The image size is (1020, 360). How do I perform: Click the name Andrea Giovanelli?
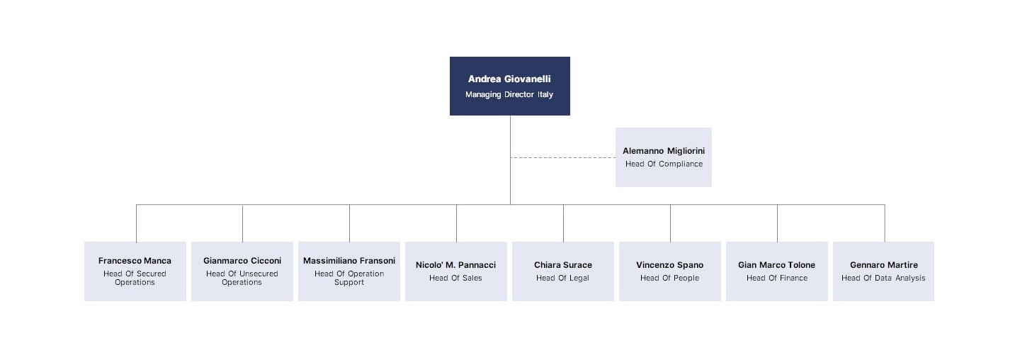tap(509, 79)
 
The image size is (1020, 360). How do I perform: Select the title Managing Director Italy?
tap(509, 94)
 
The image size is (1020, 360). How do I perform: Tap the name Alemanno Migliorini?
tap(664, 151)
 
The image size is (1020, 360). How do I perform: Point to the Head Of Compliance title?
tap(664, 164)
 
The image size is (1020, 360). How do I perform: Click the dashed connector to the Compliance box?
tap(563, 158)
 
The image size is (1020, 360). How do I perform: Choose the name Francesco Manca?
tap(135, 261)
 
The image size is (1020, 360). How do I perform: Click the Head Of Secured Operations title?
tap(135, 278)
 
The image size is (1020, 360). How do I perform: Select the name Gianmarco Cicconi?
tap(242, 261)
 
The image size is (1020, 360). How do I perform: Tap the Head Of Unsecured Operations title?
tap(242, 278)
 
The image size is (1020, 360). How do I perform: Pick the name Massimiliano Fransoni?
tap(349, 261)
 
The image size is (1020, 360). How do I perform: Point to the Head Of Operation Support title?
tap(349, 278)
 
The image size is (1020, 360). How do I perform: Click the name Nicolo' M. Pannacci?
tap(455, 265)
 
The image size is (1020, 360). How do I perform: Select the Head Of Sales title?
tap(455, 278)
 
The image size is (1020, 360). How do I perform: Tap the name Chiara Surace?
tap(563, 265)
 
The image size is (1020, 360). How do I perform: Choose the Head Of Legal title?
tap(563, 278)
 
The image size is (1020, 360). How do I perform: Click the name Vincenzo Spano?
tap(670, 265)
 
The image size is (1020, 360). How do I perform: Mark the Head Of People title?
tap(670, 278)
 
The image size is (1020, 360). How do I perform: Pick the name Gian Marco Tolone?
tap(777, 265)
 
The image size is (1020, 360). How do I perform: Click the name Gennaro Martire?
tap(884, 265)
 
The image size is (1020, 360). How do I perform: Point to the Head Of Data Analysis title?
tap(883, 278)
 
